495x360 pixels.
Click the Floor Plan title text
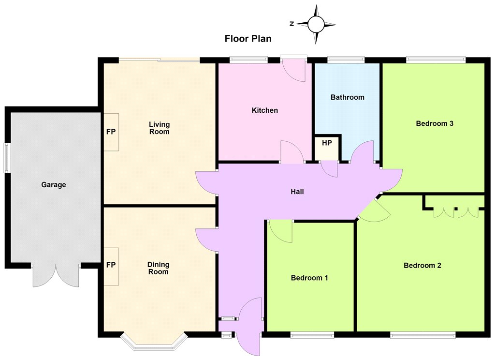tap(248, 39)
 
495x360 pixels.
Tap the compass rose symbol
tap(316, 24)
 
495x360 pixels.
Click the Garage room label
tap(54, 184)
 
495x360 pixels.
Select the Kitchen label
tap(265, 110)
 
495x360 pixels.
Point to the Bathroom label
tap(347, 97)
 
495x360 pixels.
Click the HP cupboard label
tap(327, 143)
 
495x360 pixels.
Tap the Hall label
tap(297, 192)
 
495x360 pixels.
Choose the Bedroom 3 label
tap(435, 123)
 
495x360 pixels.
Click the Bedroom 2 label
tap(422, 266)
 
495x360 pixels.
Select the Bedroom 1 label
tap(309, 278)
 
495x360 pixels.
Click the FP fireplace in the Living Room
tap(111, 132)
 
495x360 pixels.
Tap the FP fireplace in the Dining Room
tap(111, 265)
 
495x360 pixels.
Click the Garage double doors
tap(56, 275)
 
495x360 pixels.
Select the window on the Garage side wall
tap(7, 158)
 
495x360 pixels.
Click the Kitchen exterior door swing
tap(294, 70)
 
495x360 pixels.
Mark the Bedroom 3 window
tap(436, 60)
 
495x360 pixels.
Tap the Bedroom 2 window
tap(422, 335)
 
